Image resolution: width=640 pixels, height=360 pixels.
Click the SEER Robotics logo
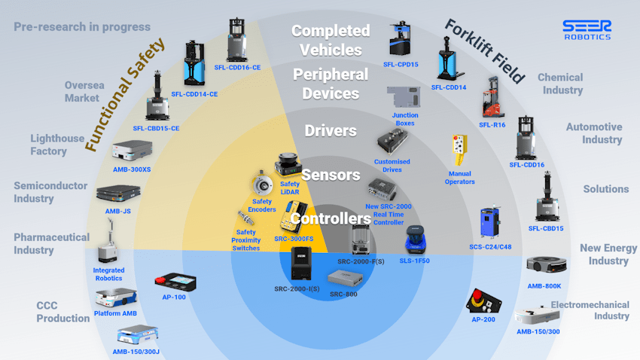tap(587, 30)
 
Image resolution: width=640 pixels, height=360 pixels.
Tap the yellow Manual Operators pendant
tap(459, 150)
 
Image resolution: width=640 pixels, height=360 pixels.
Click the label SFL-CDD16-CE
tap(237, 67)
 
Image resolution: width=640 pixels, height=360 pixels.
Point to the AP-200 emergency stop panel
tap(483, 301)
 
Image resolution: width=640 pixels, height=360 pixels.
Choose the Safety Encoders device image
tap(261, 184)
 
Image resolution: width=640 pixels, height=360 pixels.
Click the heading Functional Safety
tap(125, 94)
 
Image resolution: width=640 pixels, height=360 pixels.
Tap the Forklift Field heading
tap(484, 51)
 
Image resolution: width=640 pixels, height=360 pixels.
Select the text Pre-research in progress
tap(82, 27)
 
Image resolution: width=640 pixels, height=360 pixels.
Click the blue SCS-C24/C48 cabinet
tap(490, 222)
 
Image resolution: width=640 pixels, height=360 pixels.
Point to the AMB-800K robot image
tap(546, 265)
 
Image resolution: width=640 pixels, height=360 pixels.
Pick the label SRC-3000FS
tap(294, 239)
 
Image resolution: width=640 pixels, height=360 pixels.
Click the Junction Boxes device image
tap(404, 97)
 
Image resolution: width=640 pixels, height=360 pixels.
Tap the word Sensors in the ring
tap(331, 175)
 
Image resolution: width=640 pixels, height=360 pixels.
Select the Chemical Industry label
tap(561, 84)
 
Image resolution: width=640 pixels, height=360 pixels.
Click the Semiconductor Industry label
tap(50, 192)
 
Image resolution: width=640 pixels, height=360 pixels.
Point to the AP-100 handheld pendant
tap(175, 282)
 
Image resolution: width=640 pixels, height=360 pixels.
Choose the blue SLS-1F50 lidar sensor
tap(416, 239)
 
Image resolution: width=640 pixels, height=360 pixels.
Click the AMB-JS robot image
tap(118, 193)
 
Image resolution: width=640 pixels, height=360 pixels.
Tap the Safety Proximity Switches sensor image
tap(245, 218)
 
